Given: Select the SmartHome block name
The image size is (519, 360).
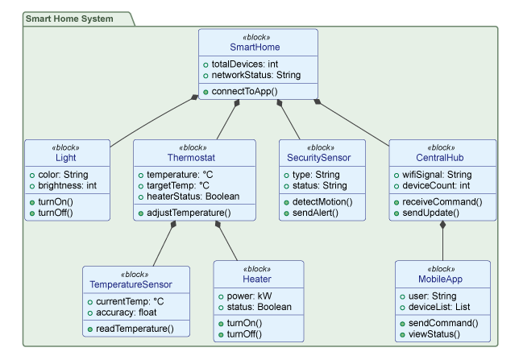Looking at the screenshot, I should click(258, 48).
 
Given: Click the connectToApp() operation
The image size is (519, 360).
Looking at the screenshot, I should click(244, 91).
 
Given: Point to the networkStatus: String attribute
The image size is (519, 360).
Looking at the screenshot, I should click(256, 75).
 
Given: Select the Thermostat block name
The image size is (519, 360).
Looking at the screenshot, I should click(194, 158).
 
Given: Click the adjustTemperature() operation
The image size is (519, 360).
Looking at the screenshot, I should click(189, 213).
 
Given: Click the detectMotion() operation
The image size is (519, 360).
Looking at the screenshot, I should click(322, 201).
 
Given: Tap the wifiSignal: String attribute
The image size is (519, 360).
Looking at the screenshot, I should click(441, 174).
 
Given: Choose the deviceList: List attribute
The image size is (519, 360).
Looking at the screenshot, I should click(439, 308).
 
